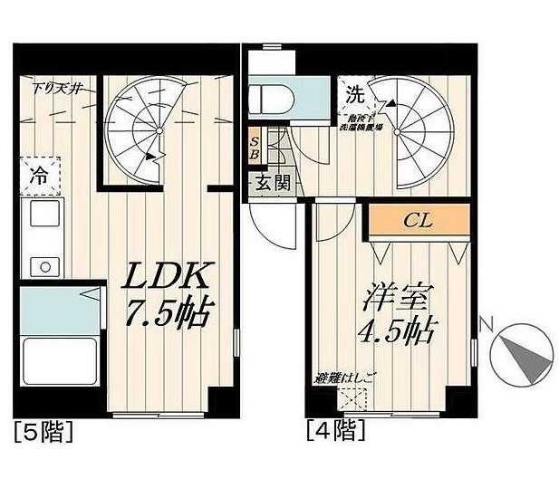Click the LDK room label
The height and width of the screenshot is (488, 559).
[169, 275]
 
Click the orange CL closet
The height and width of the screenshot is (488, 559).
[418, 219]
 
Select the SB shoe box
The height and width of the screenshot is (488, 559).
[255, 148]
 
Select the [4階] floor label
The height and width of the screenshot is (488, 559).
[335, 429]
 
